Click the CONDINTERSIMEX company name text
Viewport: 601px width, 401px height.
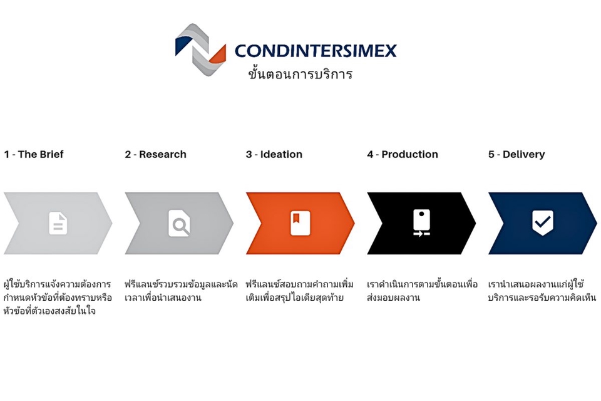coord(316,51)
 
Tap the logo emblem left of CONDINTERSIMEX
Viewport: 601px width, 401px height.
coord(200,49)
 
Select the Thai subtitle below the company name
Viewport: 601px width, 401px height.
coord(300,75)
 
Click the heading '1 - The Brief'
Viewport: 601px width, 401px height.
coord(34,154)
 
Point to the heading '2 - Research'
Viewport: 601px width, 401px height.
coord(155,154)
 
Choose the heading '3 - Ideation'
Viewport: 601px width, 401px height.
coord(274,154)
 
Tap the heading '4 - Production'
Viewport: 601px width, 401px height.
coord(402,154)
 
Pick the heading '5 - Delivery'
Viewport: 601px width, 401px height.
coord(516,154)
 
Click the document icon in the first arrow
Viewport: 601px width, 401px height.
coord(58,223)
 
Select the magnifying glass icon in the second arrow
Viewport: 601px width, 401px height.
coord(179,223)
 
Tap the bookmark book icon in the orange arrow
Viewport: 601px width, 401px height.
coord(300,223)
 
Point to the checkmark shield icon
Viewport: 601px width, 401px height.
coord(542,222)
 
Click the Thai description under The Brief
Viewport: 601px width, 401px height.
coord(58,298)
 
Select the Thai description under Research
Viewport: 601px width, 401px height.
coord(180,291)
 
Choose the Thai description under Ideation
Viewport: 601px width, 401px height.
coord(299,291)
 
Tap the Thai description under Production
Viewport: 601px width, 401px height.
coord(422,291)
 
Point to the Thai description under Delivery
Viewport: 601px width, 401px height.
coord(542,291)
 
